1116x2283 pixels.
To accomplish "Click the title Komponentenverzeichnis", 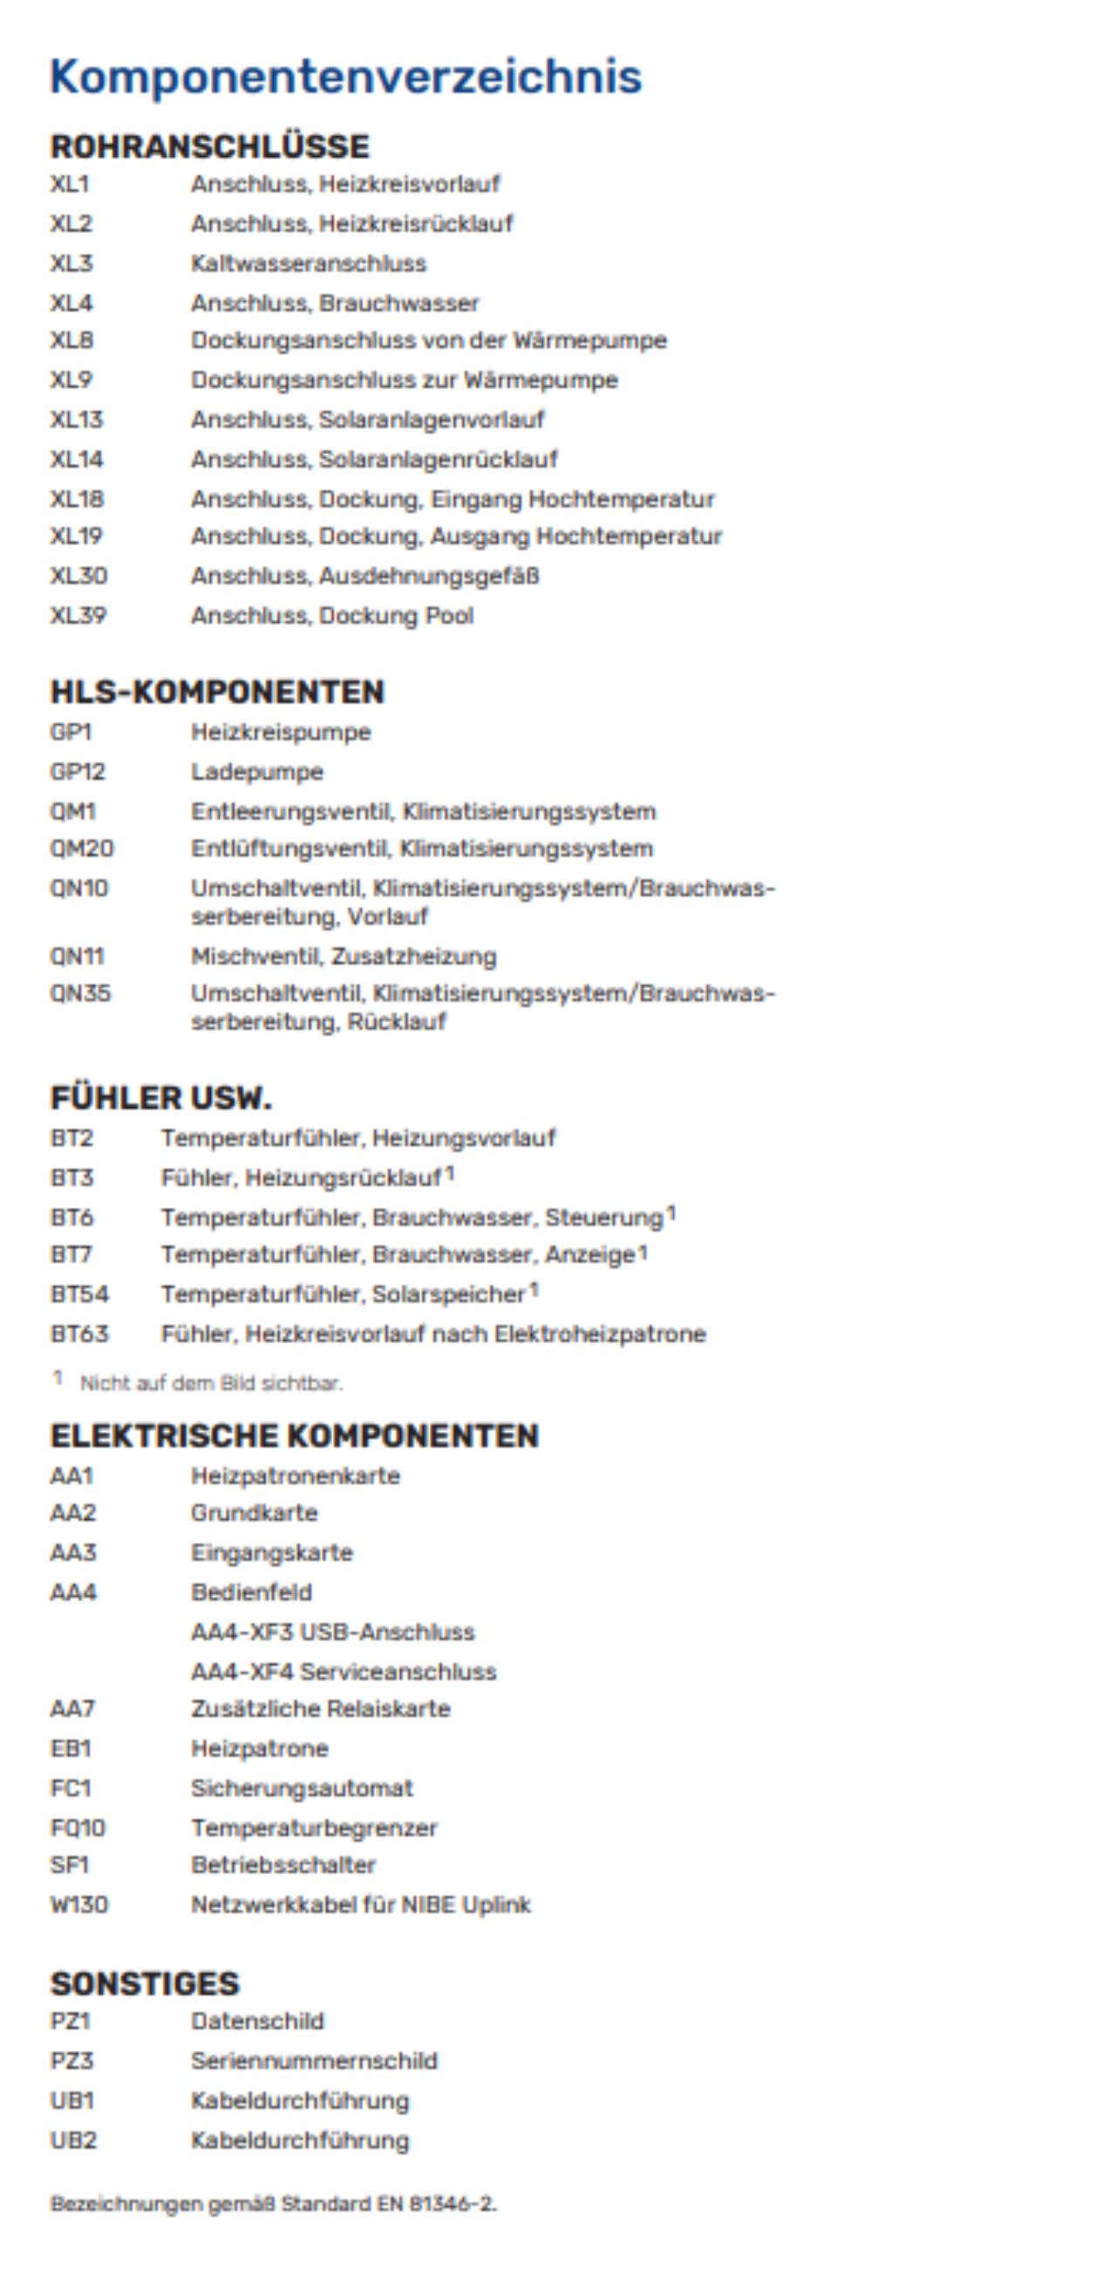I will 346,76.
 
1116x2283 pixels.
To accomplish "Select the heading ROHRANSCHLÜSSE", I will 210,147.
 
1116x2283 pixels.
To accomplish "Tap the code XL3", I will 71,263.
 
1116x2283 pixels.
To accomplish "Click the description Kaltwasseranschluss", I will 309,263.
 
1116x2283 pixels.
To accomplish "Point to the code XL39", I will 78,615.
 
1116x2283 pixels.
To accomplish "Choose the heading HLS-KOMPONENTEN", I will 217,692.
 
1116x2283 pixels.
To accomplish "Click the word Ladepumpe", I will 257,771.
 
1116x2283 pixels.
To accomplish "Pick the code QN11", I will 77,957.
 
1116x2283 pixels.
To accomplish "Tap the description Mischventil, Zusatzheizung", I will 344,957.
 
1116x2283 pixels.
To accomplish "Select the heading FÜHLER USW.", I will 160,1098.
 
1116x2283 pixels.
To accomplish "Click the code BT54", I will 80,1294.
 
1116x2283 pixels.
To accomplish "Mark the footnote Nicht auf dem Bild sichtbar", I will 211,1382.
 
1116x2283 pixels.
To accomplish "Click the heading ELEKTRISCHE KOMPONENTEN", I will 295,1435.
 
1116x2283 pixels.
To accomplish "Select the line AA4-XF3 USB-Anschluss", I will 333,1632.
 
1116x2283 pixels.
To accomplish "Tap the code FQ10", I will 78,1828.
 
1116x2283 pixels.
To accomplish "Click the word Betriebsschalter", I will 283,1864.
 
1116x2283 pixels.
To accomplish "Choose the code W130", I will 78,1904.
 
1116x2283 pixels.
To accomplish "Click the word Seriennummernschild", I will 315,2060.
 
